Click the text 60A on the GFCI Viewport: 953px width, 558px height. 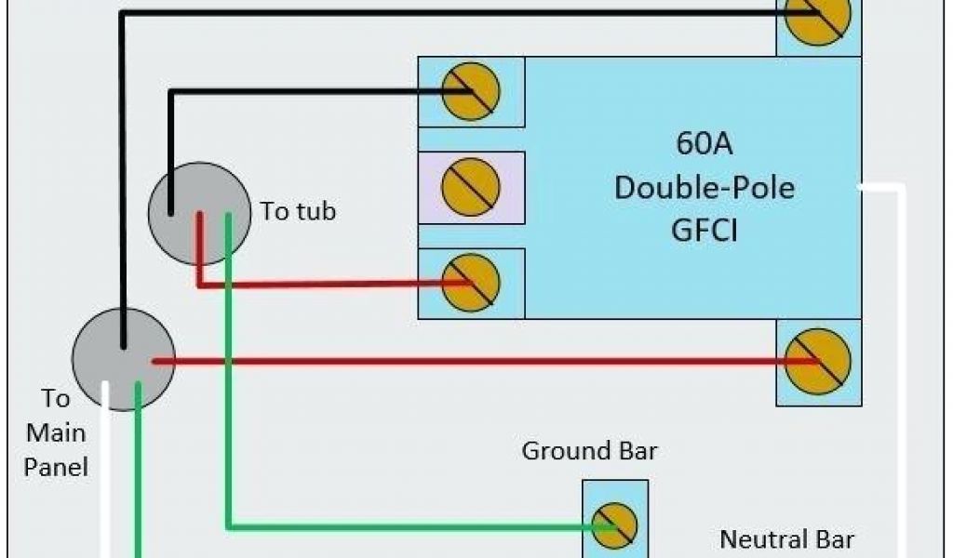pos(705,146)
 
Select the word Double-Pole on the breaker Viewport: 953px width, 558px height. pos(705,188)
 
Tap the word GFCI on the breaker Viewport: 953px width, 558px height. pos(705,229)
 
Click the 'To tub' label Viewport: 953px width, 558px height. pos(298,211)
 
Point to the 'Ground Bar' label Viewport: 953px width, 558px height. pos(589,452)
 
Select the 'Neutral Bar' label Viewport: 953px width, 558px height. pos(786,538)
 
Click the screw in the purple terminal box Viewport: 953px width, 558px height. pos(471,187)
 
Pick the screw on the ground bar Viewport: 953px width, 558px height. pos(615,526)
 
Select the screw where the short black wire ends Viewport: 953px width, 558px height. pos(471,91)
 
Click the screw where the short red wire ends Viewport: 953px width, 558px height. pos(471,283)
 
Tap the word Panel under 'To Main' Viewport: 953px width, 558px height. pos(56,466)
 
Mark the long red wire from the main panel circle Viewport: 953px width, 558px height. pos(465,361)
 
